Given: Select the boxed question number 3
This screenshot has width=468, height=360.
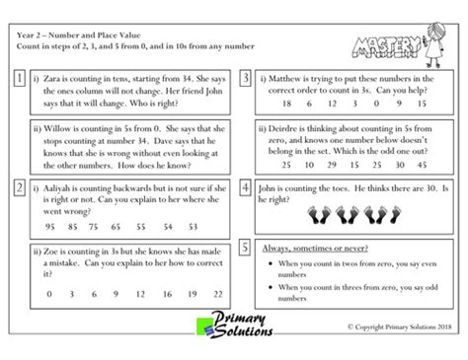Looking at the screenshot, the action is click(244, 77).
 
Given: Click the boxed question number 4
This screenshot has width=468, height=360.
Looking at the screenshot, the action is click(244, 187).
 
